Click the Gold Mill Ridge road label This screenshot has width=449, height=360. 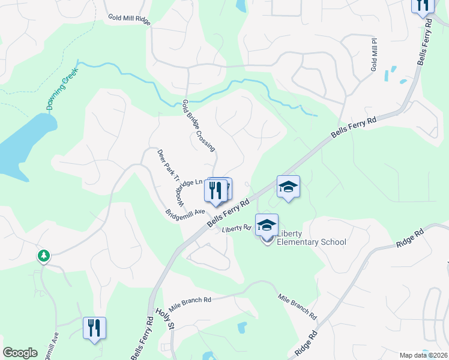(129, 18)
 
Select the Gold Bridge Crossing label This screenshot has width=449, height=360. (199, 125)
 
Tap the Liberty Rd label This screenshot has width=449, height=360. (236, 228)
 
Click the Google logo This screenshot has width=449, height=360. (20, 353)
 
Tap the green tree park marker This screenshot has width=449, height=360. (44, 256)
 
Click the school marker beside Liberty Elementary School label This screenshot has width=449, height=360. (267, 226)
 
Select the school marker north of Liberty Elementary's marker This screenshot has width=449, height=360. (288, 187)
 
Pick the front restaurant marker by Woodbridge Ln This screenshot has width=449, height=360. (215, 191)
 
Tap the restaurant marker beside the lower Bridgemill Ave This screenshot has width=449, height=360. (94, 328)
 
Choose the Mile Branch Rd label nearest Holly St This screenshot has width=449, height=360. (190, 302)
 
